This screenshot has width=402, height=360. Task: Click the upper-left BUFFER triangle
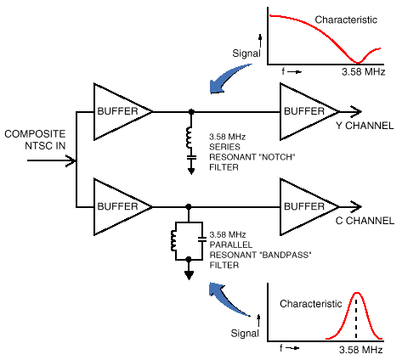coord(117,110)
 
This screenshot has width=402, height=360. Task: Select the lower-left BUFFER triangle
coord(117,206)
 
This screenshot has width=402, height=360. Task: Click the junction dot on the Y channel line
coord(190,111)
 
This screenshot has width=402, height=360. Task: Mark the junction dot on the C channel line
coord(188,206)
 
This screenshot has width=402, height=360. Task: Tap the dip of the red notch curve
coord(362,61)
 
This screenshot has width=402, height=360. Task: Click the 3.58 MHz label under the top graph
coord(363,74)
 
